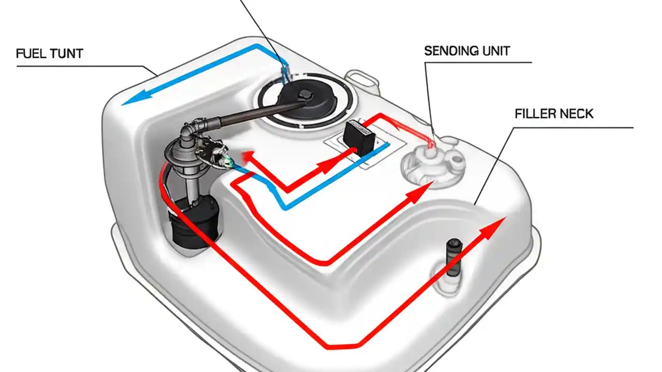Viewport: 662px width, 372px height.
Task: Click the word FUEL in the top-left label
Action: coord(31,53)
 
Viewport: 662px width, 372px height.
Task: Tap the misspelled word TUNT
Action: coord(66,53)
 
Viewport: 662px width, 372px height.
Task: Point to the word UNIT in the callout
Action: coord(494,51)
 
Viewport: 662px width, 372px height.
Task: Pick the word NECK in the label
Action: coord(577,114)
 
